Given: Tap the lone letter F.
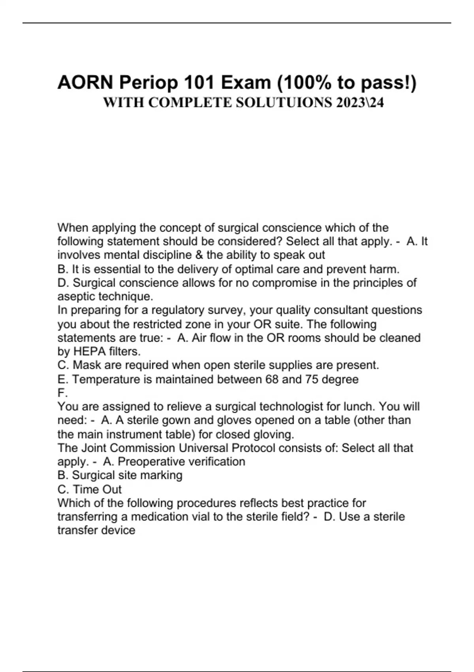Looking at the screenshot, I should point(62,393).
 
